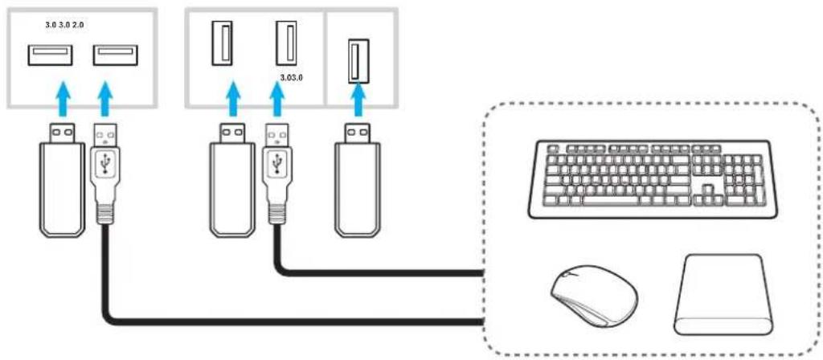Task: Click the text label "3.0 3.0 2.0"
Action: [64, 25]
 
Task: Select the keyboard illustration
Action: [649, 179]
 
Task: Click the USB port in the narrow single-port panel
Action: [358, 61]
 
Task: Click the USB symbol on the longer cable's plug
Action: [107, 165]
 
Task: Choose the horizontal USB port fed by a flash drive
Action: [50, 55]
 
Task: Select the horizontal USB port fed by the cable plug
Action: [116, 55]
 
